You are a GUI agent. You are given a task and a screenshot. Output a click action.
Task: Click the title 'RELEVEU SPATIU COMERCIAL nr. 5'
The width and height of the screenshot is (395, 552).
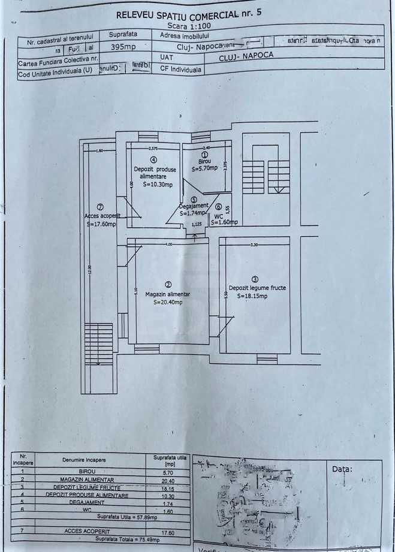[x=189, y=13]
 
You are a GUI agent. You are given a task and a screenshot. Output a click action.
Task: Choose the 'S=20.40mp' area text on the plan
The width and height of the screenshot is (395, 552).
[x=168, y=303]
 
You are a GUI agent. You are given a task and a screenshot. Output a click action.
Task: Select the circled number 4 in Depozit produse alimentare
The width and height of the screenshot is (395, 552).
[x=154, y=160]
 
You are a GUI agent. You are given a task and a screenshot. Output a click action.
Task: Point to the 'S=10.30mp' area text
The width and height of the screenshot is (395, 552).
[x=157, y=185]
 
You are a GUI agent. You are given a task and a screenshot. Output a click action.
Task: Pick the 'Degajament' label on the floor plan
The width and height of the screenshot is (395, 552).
[x=193, y=207]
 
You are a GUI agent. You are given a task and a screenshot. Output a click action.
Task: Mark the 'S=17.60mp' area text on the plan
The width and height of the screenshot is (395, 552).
[x=101, y=224]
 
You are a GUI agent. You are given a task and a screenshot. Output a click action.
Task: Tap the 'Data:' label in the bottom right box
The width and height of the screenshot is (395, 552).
[x=342, y=469]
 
